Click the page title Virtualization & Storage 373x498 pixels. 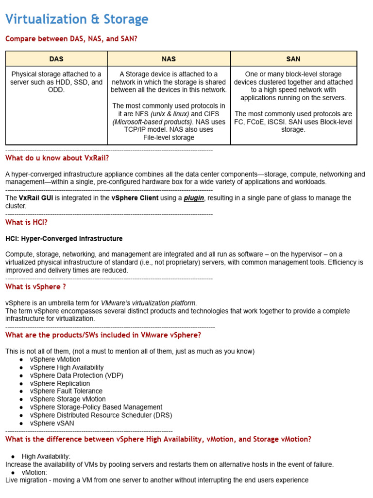coord(77,19)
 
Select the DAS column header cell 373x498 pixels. coord(56,59)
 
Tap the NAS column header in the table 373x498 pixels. coord(169,59)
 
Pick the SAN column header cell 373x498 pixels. coord(293,59)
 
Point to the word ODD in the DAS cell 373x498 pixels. coord(56,90)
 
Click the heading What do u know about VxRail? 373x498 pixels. coord(57,158)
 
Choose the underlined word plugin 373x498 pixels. coord(193,198)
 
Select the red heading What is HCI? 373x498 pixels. coord(26,222)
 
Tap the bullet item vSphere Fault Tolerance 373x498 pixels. coord(66,391)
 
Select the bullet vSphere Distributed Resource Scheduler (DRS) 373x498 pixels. coord(101,415)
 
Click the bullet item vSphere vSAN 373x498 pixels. coord(52,423)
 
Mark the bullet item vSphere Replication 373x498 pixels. coord(60,383)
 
